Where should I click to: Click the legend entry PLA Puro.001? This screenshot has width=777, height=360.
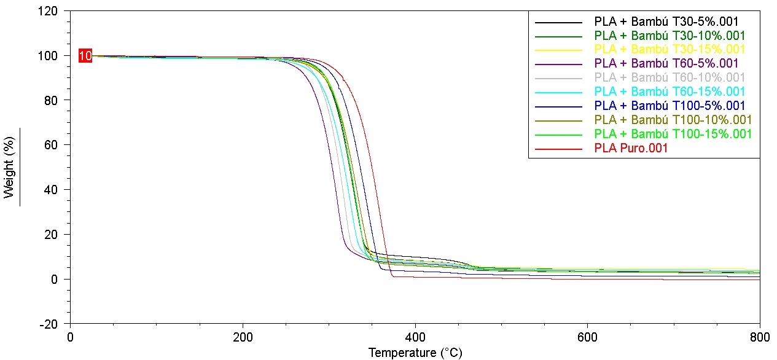pyautogui.click(x=631, y=149)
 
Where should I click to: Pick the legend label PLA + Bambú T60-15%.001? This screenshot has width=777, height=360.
pyautogui.click(x=670, y=92)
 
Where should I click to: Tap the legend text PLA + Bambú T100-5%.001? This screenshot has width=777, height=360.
pyautogui.click(x=670, y=106)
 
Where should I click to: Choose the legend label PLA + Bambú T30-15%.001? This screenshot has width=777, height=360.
pyautogui.click(x=670, y=49)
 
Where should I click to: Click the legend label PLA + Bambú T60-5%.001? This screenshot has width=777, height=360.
pyautogui.click(x=666, y=63)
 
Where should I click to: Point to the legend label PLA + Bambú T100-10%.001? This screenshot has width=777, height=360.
pyautogui.click(x=673, y=120)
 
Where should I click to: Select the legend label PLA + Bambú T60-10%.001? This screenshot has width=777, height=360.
pyautogui.click(x=670, y=77)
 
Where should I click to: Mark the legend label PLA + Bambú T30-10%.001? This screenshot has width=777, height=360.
pyautogui.click(x=670, y=35)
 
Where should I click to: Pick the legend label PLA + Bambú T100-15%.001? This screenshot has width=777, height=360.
pyautogui.click(x=673, y=134)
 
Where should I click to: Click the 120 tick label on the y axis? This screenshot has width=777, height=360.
pyautogui.click(x=49, y=11)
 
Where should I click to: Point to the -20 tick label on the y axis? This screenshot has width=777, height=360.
pyautogui.click(x=49, y=324)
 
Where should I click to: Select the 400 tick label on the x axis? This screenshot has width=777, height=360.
pyautogui.click(x=415, y=337)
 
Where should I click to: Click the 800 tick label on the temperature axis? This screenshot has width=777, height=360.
pyautogui.click(x=759, y=337)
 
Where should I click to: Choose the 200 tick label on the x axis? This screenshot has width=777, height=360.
pyautogui.click(x=243, y=337)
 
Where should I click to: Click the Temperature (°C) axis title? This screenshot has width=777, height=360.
pyautogui.click(x=415, y=353)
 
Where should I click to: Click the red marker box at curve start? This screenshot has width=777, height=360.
pyautogui.click(x=85, y=57)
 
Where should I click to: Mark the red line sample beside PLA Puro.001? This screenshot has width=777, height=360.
pyautogui.click(x=558, y=149)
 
